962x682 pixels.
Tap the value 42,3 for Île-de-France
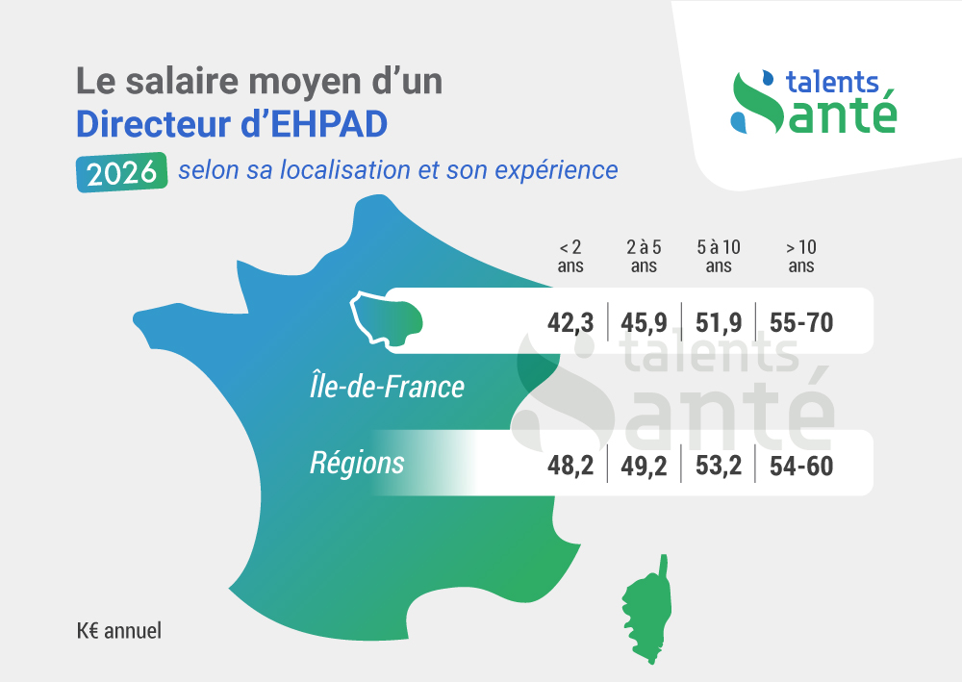coord(570,322)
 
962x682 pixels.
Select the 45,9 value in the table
coord(646,322)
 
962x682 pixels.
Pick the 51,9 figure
coord(719,322)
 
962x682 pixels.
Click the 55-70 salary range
coord(801,322)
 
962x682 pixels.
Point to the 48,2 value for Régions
coord(570,467)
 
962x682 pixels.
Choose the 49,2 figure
coord(646,467)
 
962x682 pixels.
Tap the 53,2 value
coord(719,467)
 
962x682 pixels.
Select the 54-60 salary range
coord(801,467)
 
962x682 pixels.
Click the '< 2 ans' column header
coord(570,256)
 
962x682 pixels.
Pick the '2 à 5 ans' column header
coord(645,256)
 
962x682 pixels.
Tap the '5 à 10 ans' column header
coord(719,256)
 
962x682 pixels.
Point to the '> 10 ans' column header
coord(801,256)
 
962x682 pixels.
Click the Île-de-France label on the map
coord(380,387)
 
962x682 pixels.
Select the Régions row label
coord(357,463)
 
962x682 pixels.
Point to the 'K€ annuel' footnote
coord(119,631)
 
